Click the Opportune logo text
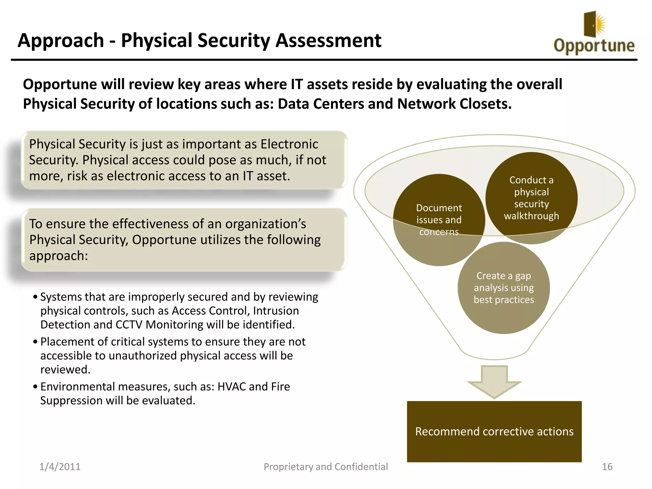[x=594, y=46]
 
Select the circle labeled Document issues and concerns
[x=439, y=220]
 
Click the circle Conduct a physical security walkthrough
[x=531, y=198]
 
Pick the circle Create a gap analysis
[x=504, y=287]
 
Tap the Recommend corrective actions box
[x=494, y=431]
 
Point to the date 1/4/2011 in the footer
[x=60, y=467]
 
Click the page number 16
[x=607, y=467]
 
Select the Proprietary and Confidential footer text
[x=326, y=467]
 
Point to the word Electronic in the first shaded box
[x=289, y=144]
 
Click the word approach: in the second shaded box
[x=59, y=256]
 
